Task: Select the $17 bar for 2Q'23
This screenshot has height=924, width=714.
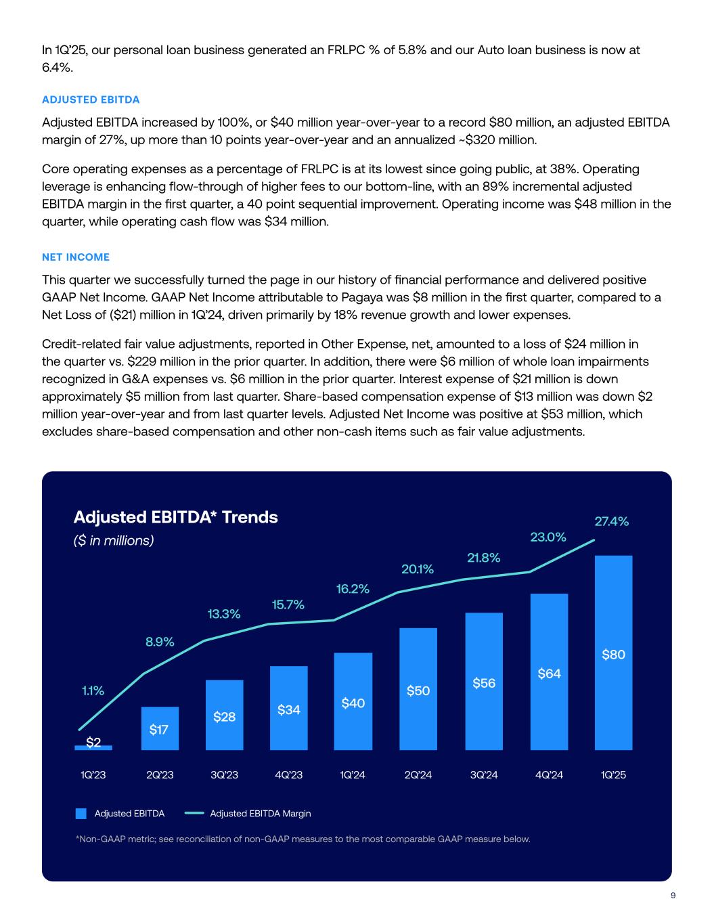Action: coord(160,728)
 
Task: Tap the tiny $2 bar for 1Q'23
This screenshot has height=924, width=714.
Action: coord(93,747)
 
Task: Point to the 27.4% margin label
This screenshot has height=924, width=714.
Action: coord(611,521)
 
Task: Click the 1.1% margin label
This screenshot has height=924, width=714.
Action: coord(93,690)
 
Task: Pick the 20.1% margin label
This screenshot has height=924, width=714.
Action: coord(418,569)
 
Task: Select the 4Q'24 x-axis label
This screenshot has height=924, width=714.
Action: coord(549,774)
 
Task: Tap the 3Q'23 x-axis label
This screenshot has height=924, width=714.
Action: coord(224,774)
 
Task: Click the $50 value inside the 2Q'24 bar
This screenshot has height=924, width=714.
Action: coord(418,690)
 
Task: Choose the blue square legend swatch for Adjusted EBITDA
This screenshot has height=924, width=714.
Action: coord(81,814)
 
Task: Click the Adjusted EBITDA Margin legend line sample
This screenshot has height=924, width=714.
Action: coord(194,814)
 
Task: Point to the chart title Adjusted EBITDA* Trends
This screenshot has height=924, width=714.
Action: coord(175,517)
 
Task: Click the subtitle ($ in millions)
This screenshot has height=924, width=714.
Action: coord(114,541)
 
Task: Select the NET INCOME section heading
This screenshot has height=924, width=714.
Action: coord(76,257)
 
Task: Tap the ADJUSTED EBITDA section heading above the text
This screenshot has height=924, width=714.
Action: coord(91,100)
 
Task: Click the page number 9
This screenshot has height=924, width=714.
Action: coord(673,896)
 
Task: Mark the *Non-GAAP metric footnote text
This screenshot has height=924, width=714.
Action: coord(303,839)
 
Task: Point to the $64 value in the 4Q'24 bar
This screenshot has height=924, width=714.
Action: coord(549,674)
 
